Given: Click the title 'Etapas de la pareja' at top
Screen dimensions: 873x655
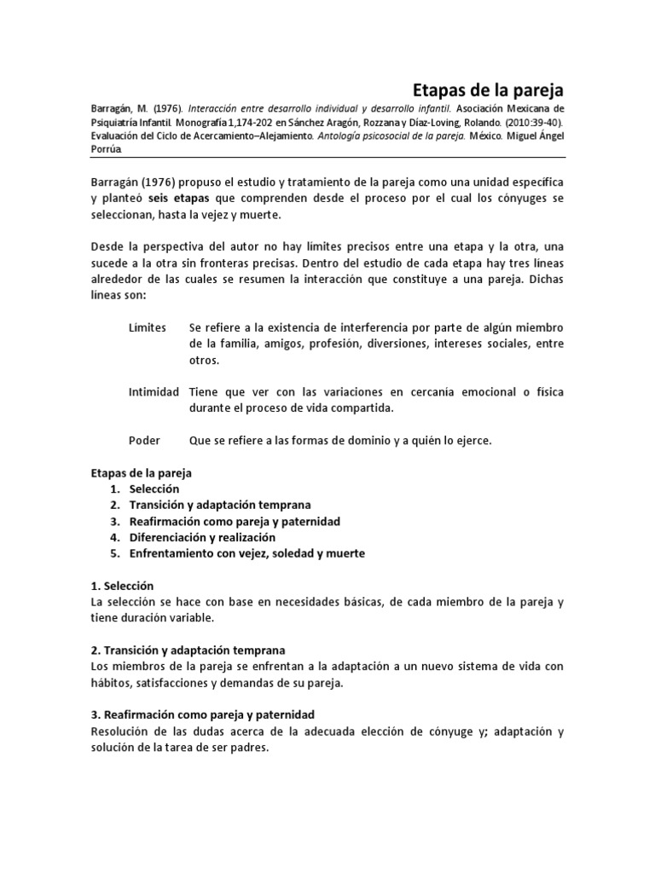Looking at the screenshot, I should click(x=488, y=90).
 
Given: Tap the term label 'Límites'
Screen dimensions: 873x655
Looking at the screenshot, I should click(x=147, y=328).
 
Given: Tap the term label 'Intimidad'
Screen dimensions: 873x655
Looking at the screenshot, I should click(x=154, y=392).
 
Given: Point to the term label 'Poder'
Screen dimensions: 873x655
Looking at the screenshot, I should click(x=144, y=441).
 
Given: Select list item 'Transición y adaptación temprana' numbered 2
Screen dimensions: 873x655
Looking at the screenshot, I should click(x=220, y=505).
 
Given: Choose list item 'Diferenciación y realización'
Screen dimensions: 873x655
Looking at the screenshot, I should click(x=202, y=537).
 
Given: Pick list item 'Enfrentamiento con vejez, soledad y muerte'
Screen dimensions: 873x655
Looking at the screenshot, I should click(x=246, y=553).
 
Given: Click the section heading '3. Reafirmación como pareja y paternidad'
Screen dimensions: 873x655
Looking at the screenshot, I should click(x=203, y=714).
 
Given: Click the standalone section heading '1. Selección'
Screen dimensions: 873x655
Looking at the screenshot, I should click(x=122, y=586).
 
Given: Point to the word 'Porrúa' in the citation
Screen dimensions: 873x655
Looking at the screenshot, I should click(x=107, y=149).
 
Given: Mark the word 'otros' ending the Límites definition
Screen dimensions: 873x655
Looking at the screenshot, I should click(x=205, y=360).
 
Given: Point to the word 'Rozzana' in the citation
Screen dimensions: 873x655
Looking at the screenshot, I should click(x=358, y=123).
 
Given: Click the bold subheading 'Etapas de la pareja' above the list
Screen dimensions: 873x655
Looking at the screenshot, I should click(x=142, y=472).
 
